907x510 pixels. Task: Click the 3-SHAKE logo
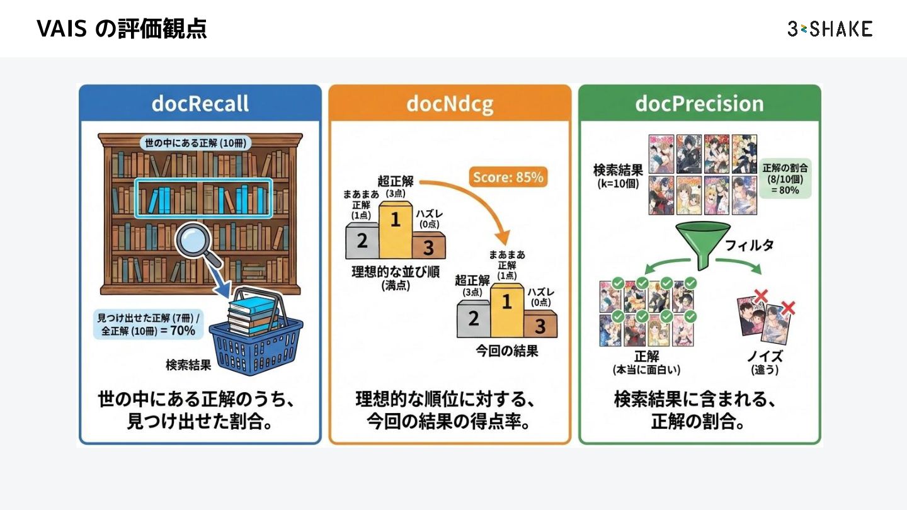[830, 28]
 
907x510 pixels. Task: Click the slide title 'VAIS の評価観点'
[122, 29]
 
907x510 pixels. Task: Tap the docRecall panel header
[200, 103]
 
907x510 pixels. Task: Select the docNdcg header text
[450, 103]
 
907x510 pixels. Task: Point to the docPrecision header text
[699, 103]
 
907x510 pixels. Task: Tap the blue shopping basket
[256, 340]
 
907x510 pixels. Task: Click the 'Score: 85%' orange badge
[508, 178]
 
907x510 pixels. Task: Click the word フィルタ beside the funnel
[750, 246]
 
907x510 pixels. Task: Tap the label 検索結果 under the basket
[188, 365]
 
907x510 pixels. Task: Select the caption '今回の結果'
[507, 351]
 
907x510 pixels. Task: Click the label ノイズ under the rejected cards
[765, 357]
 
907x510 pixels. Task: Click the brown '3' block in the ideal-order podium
[428, 246]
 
